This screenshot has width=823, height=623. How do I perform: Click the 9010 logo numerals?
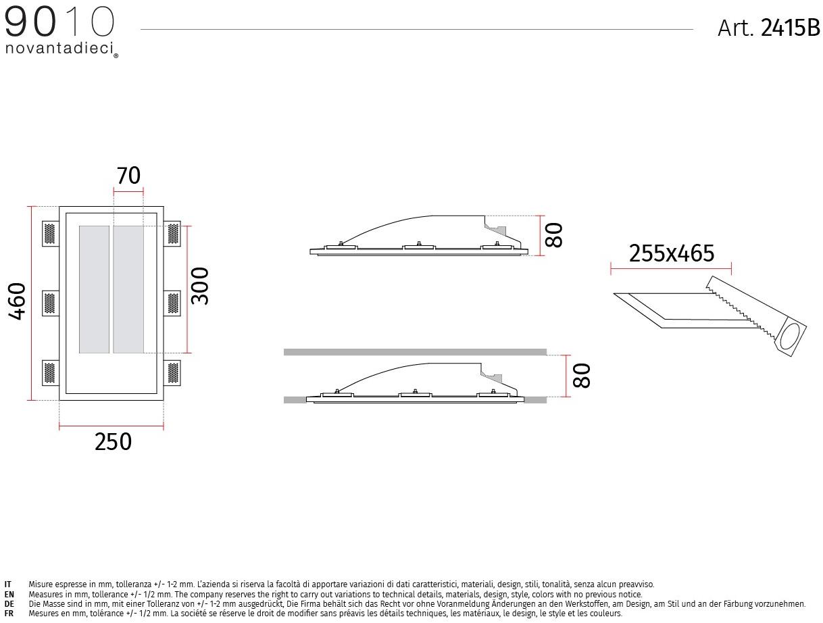(x=59, y=23)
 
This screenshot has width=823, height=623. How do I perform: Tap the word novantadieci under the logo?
(x=59, y=49)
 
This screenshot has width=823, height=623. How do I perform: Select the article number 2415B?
(x=790, y=28)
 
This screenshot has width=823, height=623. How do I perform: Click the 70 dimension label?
(x=128, y=176)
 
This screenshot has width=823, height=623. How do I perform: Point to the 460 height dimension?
(x=16, y=301)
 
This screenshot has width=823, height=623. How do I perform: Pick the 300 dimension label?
(x=199, y=286)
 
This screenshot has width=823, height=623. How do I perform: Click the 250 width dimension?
(x=113, y=442)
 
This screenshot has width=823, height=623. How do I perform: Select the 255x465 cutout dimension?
(x=671, y=253)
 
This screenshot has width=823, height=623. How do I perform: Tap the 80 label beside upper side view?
(x=554, y=235)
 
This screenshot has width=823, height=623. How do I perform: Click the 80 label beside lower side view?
(x=581, y=376)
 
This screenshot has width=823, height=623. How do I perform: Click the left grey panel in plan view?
(x=94, y=289)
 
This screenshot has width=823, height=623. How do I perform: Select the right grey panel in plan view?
(x=128, y=289)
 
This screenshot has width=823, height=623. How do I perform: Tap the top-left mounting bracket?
(x=50, y=234)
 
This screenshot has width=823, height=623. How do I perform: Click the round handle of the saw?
(x=792, y=336)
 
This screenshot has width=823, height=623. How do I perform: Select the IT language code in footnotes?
(x=8, y=584)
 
